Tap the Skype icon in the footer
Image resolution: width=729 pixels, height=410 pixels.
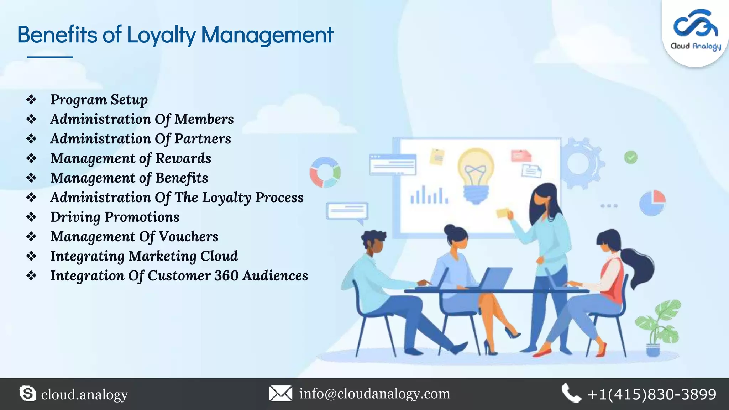pyautogui.click(x=27, y=394)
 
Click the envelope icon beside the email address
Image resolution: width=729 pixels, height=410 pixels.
pyautogui.click(x=280, y=394)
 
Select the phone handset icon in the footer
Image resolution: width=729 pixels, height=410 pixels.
pyautogui.click(x=571, y=393)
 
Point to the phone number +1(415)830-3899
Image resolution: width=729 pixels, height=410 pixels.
pyautogui.click(x=652, y=394)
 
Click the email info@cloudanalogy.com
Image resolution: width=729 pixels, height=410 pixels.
pyautogui.click(x=374, y=394)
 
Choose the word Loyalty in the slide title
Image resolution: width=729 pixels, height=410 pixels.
pyautogui.click(x=161, y=35)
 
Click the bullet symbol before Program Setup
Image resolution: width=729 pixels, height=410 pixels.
pyautogui.click(x=31, y=100)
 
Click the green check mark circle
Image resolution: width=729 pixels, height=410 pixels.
pyautogui.click(x=630, y=157)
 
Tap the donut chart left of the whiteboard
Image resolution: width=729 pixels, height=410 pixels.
pyautogui.click(x=325, y=172)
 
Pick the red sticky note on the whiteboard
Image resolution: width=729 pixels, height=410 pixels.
pyautogui.click(x=521, y=156)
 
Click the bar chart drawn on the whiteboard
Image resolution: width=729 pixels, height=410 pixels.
pyautogui.click(x=429, y=195)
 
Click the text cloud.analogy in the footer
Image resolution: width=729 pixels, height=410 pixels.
pyautogui.click(x=84, y=394)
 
